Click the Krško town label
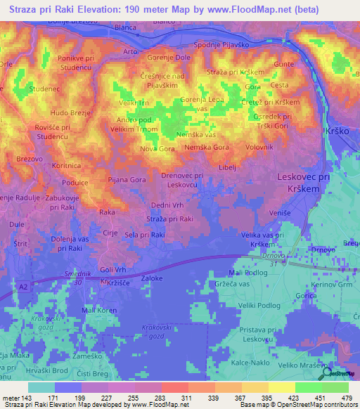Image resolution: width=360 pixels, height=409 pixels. pyautogui.click(x=341, y=131)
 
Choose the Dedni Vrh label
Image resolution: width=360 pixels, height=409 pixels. pyautogui.click(x=167, y=206)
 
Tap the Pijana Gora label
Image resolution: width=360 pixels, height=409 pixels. pyautogui.click(x=127, y=180)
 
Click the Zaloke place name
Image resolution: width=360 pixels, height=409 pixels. pyautogui.click(x=153, y=279)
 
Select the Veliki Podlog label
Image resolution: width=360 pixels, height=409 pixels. pyautogui.click(x=259, y=306)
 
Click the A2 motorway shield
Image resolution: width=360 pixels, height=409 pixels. pyautogui.click(x=24, y=287)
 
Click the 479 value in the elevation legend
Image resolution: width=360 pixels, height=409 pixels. pyautogui.click(x=346, y=397)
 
